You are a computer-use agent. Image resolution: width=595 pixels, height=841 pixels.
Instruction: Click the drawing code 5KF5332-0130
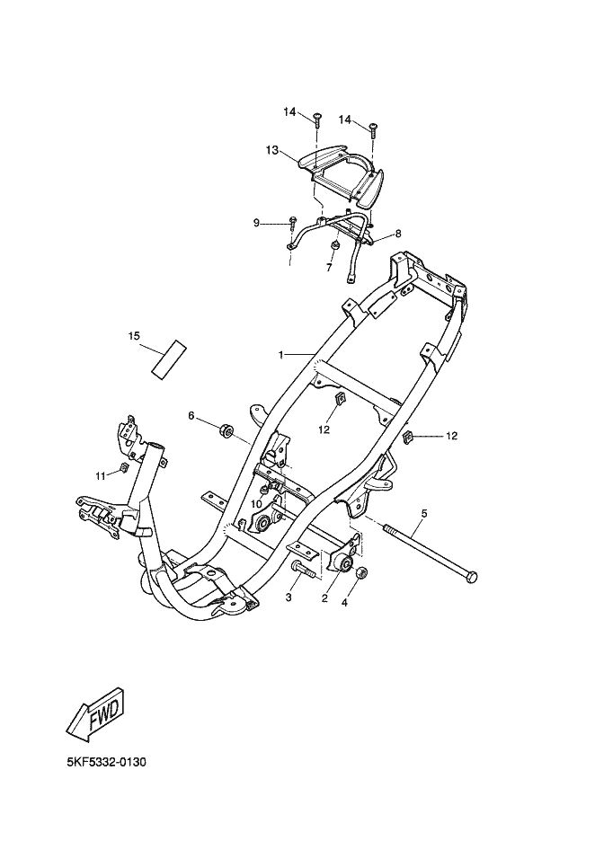[x=106, y=762]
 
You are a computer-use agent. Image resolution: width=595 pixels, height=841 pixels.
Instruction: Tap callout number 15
[x=133, y=336]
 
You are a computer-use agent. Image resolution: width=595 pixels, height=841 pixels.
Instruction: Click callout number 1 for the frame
[x=281, y=355]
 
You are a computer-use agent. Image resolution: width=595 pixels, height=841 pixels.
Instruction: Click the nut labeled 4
[x=360, y=574]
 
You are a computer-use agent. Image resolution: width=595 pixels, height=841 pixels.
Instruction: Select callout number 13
[x=272, y=150]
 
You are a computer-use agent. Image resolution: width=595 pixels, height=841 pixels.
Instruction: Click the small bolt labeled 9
[x=294, y=222]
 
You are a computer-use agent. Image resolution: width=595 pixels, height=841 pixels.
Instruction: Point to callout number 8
[x=397, y=234]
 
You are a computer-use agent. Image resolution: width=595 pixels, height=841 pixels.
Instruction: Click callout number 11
[x=101, y=475]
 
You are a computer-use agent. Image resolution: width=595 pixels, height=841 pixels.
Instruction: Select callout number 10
[x=255, y=504]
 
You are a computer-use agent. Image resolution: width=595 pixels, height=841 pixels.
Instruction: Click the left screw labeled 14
[x=317, y=120]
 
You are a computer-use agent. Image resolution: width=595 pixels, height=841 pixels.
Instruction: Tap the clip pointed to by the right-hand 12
[x=407, y=437]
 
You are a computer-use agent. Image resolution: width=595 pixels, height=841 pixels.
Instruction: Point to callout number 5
[x=423, y=513]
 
